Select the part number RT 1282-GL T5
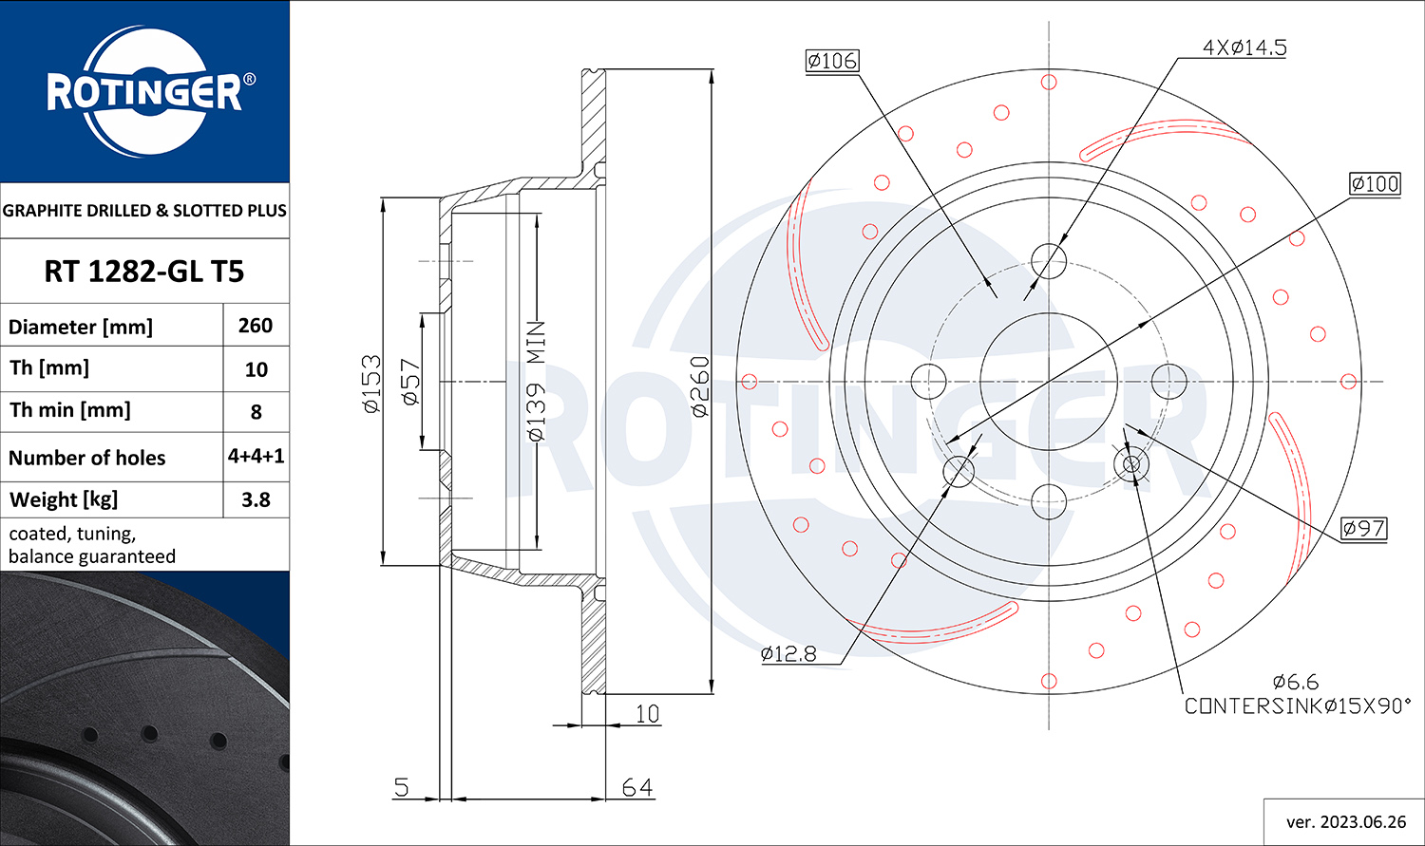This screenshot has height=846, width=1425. point(143,272)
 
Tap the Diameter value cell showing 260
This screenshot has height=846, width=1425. point(256,326)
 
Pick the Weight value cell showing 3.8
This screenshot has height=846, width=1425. point(256,499)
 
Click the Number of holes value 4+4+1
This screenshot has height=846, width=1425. point(256,457)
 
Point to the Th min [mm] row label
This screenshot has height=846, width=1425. point(70,410)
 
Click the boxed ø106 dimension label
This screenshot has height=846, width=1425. point(832,61)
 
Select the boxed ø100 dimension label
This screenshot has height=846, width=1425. point(1375,183)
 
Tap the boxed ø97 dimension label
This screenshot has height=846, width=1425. point(1363,528)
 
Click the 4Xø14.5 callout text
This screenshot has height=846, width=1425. point(1244,47)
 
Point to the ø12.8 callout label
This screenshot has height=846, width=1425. point(788,653)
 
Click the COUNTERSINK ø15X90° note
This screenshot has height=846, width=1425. point(1297,705)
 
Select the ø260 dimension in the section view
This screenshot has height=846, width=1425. point(700,386)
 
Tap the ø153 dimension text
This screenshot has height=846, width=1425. point(372,384)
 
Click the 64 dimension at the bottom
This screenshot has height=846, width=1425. point(636,787)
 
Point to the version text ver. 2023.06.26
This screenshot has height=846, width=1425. point(1346,822)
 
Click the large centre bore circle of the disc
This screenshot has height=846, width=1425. point(1049,382)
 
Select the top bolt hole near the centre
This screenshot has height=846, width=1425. point(1049,261)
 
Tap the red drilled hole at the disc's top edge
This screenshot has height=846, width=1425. point(1049,82)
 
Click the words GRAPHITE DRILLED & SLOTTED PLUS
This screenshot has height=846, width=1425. point(144,211)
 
